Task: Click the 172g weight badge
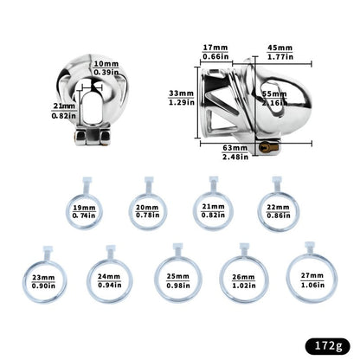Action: tap(327, 345)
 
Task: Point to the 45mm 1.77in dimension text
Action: tap(280, 52)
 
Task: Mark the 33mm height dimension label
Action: tap(182, 98)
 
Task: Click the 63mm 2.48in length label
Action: tap(235, 152)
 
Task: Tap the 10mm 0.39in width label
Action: tap(106, 67)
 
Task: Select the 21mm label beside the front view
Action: tap(64, 111)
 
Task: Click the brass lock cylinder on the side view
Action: tap(268, 148)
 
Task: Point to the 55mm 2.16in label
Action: tap(274, 99)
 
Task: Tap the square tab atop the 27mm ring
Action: tap(310, 245)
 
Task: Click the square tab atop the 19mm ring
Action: tap(87, 180)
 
